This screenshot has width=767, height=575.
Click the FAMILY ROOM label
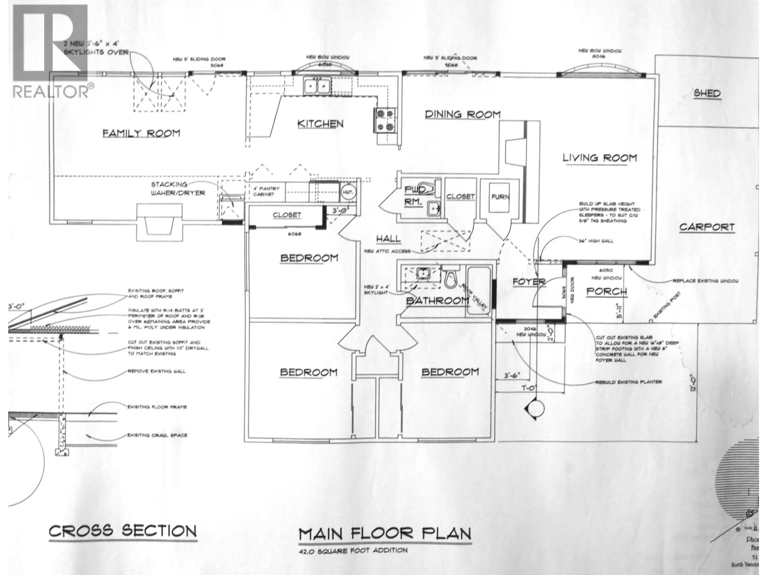click(141, 133)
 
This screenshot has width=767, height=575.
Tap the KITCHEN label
click(320, 124)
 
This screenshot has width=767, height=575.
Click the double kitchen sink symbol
click(317, 86)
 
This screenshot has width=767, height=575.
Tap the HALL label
click(388, 238)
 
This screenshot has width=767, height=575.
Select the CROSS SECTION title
click(123, 531)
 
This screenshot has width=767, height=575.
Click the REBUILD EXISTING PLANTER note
click(628, 382)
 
